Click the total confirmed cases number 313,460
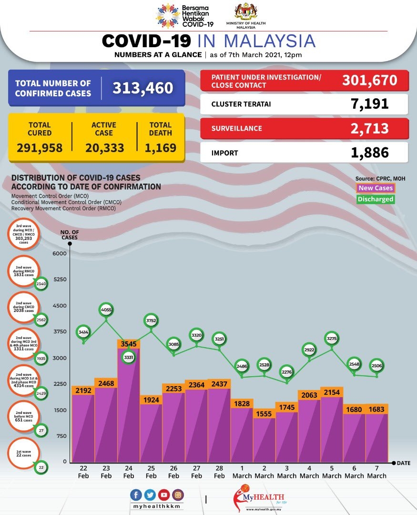click(142, 88)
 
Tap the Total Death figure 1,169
click(160, 148)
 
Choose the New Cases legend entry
click(376, 188)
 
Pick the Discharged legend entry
click(376, 199)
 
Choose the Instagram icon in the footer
click(178, 494)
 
